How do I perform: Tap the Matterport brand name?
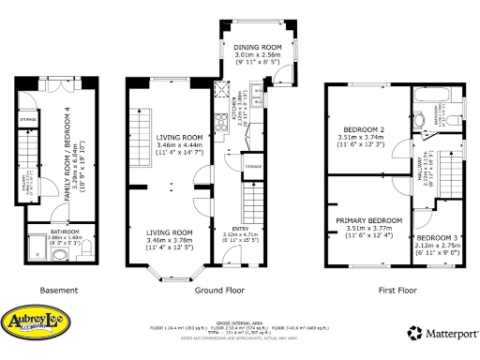point(446,332)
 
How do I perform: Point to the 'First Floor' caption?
point(396,290)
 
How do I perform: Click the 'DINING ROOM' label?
point(259,47)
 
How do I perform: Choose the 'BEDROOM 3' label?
point(436,238)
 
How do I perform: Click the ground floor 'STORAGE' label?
point(254,166)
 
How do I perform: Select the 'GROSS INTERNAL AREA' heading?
point(240,321)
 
